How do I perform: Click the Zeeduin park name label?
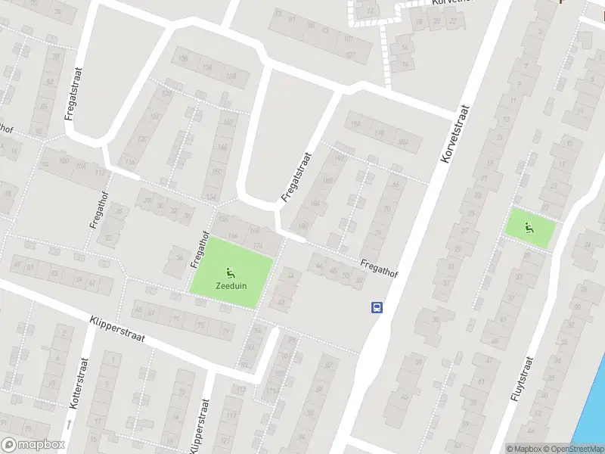click(230, 287)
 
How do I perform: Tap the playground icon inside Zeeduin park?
click(230, 272)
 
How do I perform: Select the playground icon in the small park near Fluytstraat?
click(529, 225)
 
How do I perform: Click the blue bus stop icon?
click(376, 307)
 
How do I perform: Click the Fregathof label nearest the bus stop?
click(379, 268)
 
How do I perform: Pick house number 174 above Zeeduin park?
click(258, 244)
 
